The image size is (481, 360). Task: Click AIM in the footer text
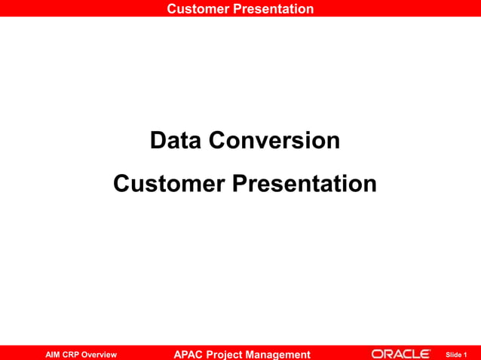[54, 354]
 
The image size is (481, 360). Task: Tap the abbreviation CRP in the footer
[72, 354]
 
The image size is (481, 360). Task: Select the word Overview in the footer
[100, 354]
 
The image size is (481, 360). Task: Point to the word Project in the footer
[231, 354]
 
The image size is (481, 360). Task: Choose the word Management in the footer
[283, 354]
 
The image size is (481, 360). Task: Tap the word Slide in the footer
[454, 354]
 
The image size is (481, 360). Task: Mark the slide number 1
[466, 354]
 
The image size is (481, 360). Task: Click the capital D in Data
[159, 140]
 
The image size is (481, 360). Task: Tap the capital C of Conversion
[219, 140]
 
